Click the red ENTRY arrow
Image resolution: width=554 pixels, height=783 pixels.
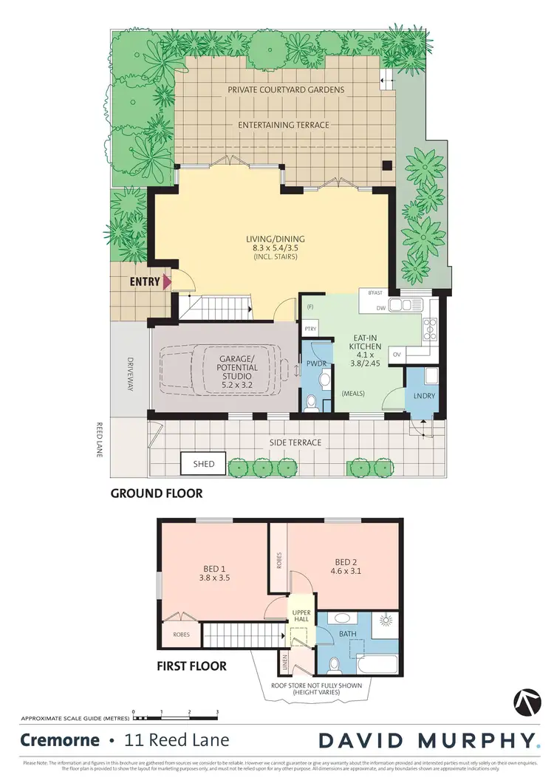[168, 281]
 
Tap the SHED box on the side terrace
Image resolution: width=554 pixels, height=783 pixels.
[204, 464]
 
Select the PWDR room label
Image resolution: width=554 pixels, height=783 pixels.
[315, 364]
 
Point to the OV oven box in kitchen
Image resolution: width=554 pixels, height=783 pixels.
[397, 355]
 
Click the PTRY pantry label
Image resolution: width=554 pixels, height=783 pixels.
[310, 329]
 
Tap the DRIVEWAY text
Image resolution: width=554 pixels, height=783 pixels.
[130, 375]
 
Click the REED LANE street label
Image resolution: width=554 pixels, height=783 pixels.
[99, 440]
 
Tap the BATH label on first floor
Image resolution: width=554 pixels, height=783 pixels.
[348, 634]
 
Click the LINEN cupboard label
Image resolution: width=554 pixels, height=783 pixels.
[285, 663]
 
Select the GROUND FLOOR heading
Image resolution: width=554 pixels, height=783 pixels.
[157, 493]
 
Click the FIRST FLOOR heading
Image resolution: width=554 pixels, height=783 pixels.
[191, 666]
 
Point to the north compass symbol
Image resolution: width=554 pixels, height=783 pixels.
[525, 702]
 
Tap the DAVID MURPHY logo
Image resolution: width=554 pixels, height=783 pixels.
[428, 740]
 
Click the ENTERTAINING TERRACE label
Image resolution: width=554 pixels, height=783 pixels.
[284, 125]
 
